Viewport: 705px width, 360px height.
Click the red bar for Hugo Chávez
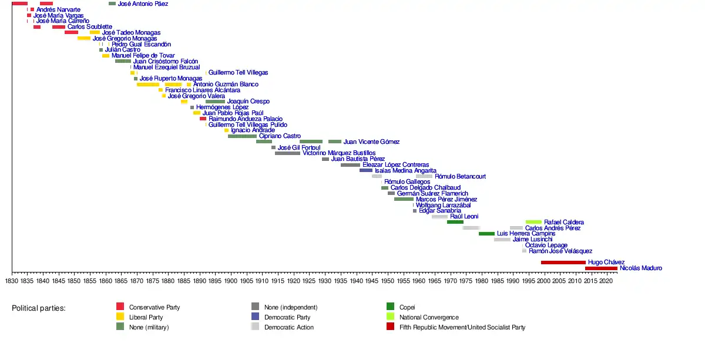pos(563,263)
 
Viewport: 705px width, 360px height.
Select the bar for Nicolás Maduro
pos(601,268)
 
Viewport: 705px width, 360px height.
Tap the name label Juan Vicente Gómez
pos(371,142)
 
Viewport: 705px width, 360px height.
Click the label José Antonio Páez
pos(143,4)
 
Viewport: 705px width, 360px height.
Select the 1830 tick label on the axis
pos(12,281)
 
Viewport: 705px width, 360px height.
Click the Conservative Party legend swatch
pos(120,307)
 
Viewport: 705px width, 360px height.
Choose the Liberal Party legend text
pos(146,317)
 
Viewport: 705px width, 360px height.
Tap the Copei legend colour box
pos(390,307)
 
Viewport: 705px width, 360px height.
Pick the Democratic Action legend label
pos(289,327)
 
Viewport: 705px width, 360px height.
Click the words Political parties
pos(39,308)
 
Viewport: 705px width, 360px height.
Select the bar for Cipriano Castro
pos(242,136)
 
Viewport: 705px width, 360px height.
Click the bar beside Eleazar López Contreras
pos(350,165)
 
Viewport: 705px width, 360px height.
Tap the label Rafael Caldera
pos(564,222)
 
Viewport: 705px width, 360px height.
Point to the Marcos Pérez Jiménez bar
pos(404,199)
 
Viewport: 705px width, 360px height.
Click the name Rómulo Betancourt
pos(460,176)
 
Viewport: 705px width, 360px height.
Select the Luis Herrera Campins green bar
pos(486,234)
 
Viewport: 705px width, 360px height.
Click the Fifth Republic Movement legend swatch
pos(390,327)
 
